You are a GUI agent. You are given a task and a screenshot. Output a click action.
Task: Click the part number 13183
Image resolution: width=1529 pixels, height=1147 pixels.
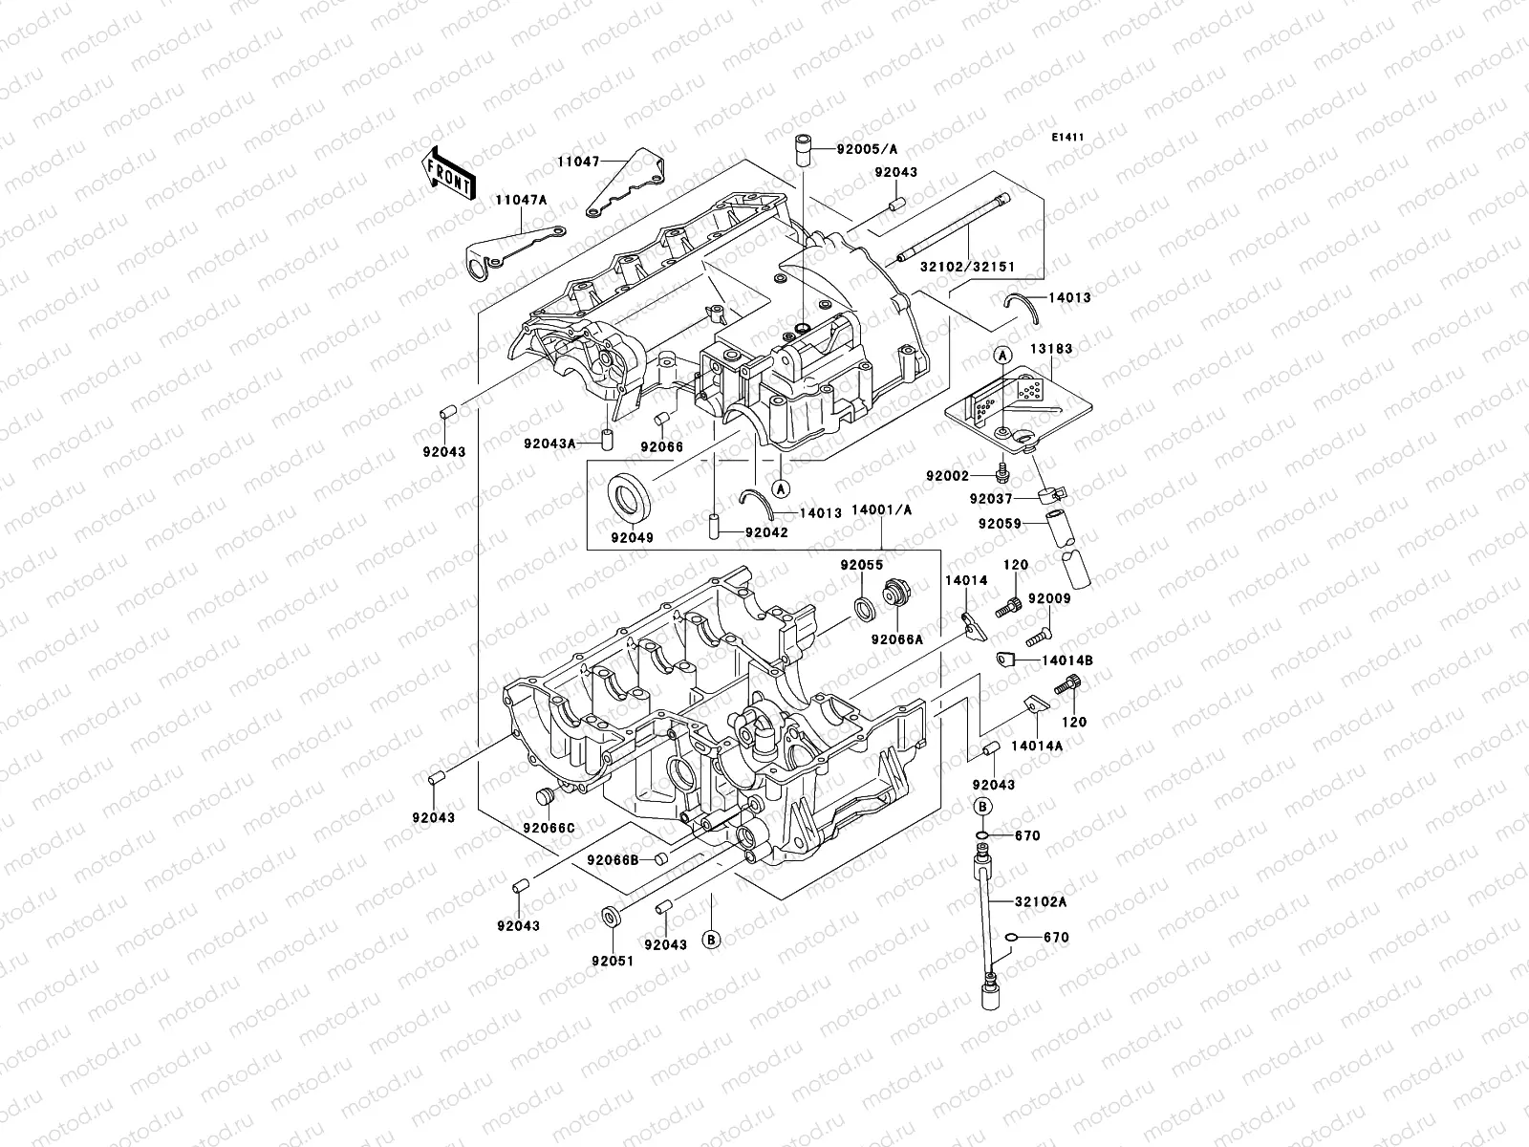(x=1051, y=350)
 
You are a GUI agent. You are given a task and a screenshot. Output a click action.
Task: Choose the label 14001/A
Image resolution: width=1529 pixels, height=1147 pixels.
(x=881, y=510)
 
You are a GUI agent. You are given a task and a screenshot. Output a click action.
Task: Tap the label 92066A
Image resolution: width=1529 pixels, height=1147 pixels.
(x=897, y=639)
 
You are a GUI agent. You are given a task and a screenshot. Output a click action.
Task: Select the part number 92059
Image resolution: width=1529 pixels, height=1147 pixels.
(x=999, y=524)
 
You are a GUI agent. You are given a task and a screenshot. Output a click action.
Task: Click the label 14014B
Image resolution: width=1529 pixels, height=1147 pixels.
(x=1067, y=660)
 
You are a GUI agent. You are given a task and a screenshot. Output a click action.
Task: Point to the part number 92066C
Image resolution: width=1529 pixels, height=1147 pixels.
(x=549, y=827)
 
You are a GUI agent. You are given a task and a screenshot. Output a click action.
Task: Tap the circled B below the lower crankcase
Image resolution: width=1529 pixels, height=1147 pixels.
(x=711, y=940)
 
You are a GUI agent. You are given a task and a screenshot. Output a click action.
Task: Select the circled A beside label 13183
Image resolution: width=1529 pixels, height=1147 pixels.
(x=1002, y=355)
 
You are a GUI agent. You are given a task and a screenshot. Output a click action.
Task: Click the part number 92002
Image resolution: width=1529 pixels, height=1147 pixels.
(x=947, y=476)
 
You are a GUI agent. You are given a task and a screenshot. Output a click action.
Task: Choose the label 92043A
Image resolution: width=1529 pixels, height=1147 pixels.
(x=549, y=444)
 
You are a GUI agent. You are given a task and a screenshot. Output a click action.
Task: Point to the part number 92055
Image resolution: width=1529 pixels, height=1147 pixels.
(x=862, y=565)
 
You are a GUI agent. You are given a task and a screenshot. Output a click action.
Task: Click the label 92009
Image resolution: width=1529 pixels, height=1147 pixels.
(x=1050, y=599)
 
